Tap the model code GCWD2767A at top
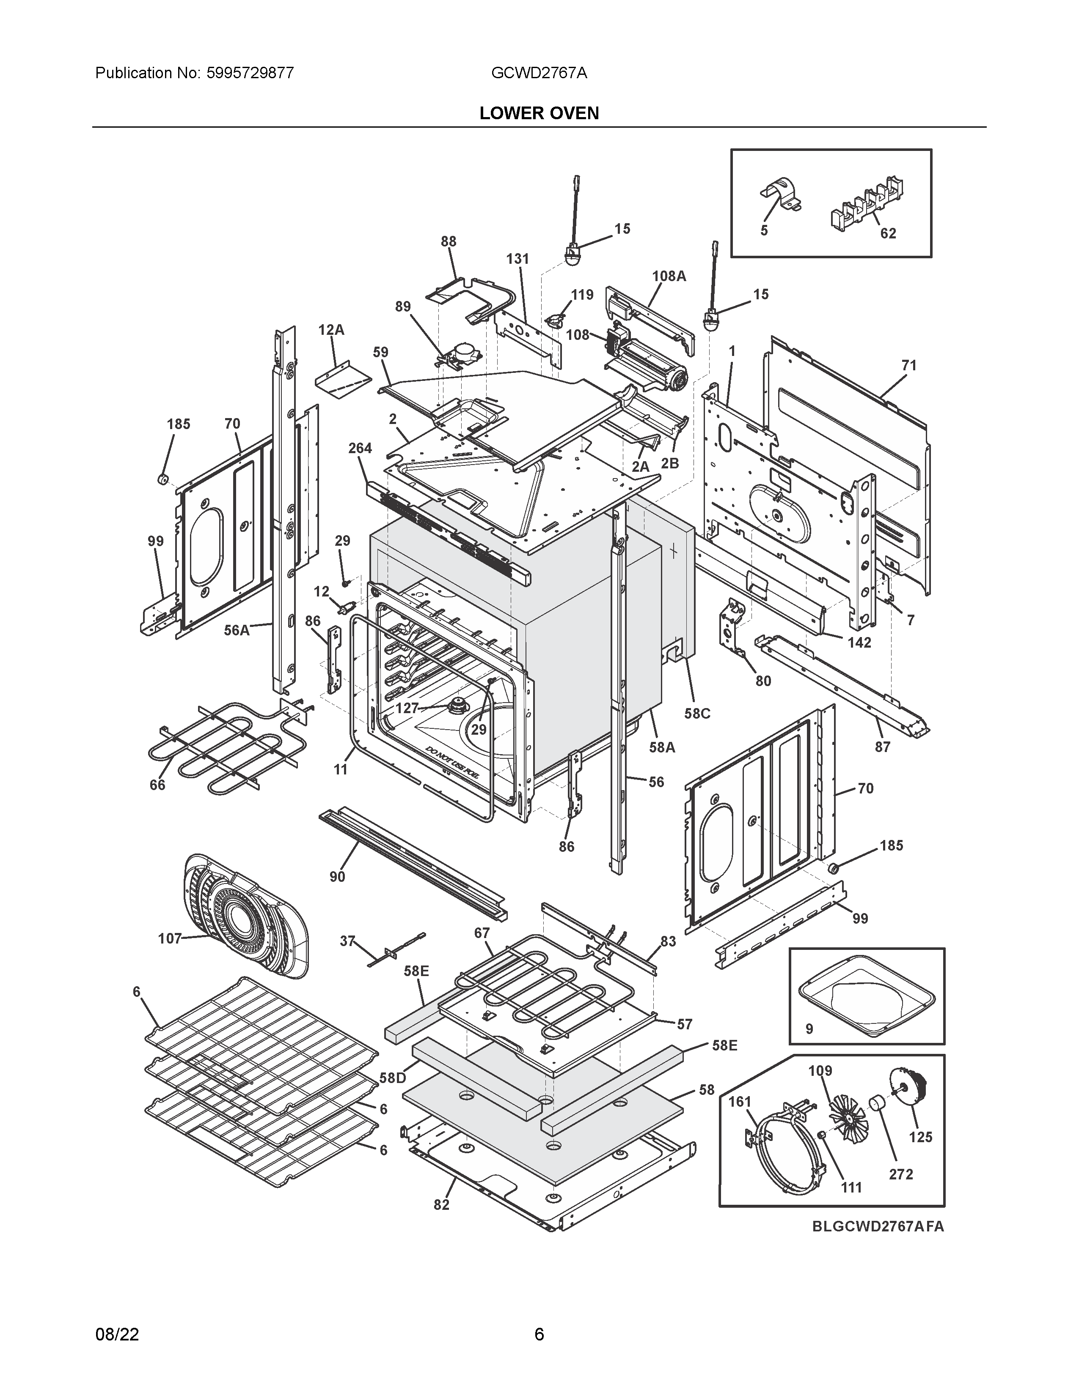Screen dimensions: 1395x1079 point(539,73)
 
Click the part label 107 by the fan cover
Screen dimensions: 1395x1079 point(169,938)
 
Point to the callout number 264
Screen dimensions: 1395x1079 point(360,449)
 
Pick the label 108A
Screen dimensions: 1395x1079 point(669,276)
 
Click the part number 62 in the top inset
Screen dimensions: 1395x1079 point(888,233)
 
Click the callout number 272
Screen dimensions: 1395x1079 point(901,1174)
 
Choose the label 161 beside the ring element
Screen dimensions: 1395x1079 point(740,1102)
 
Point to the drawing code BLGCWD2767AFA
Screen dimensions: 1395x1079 point(878,1226)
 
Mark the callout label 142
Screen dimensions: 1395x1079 point(859,643)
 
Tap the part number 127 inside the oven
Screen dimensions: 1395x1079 point(407,708)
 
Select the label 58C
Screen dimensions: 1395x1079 point(697,714)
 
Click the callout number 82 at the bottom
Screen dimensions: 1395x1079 point(441,1205)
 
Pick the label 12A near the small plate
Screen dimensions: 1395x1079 point(331,330)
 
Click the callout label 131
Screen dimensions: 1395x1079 point(518,259)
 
